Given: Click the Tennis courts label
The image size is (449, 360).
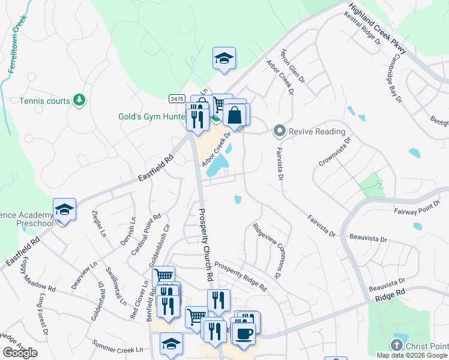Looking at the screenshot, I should (44, 101).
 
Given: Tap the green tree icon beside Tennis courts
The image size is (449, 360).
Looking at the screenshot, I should (78, 100).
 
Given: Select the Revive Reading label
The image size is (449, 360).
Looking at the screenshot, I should (317, 131).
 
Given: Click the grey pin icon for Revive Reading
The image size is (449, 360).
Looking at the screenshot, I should (279, 130).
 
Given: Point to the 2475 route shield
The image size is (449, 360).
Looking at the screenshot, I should (176, 98).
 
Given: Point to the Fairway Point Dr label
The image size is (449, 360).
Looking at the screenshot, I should (418, 212).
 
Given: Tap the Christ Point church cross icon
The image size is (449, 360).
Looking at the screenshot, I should (396, 345).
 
